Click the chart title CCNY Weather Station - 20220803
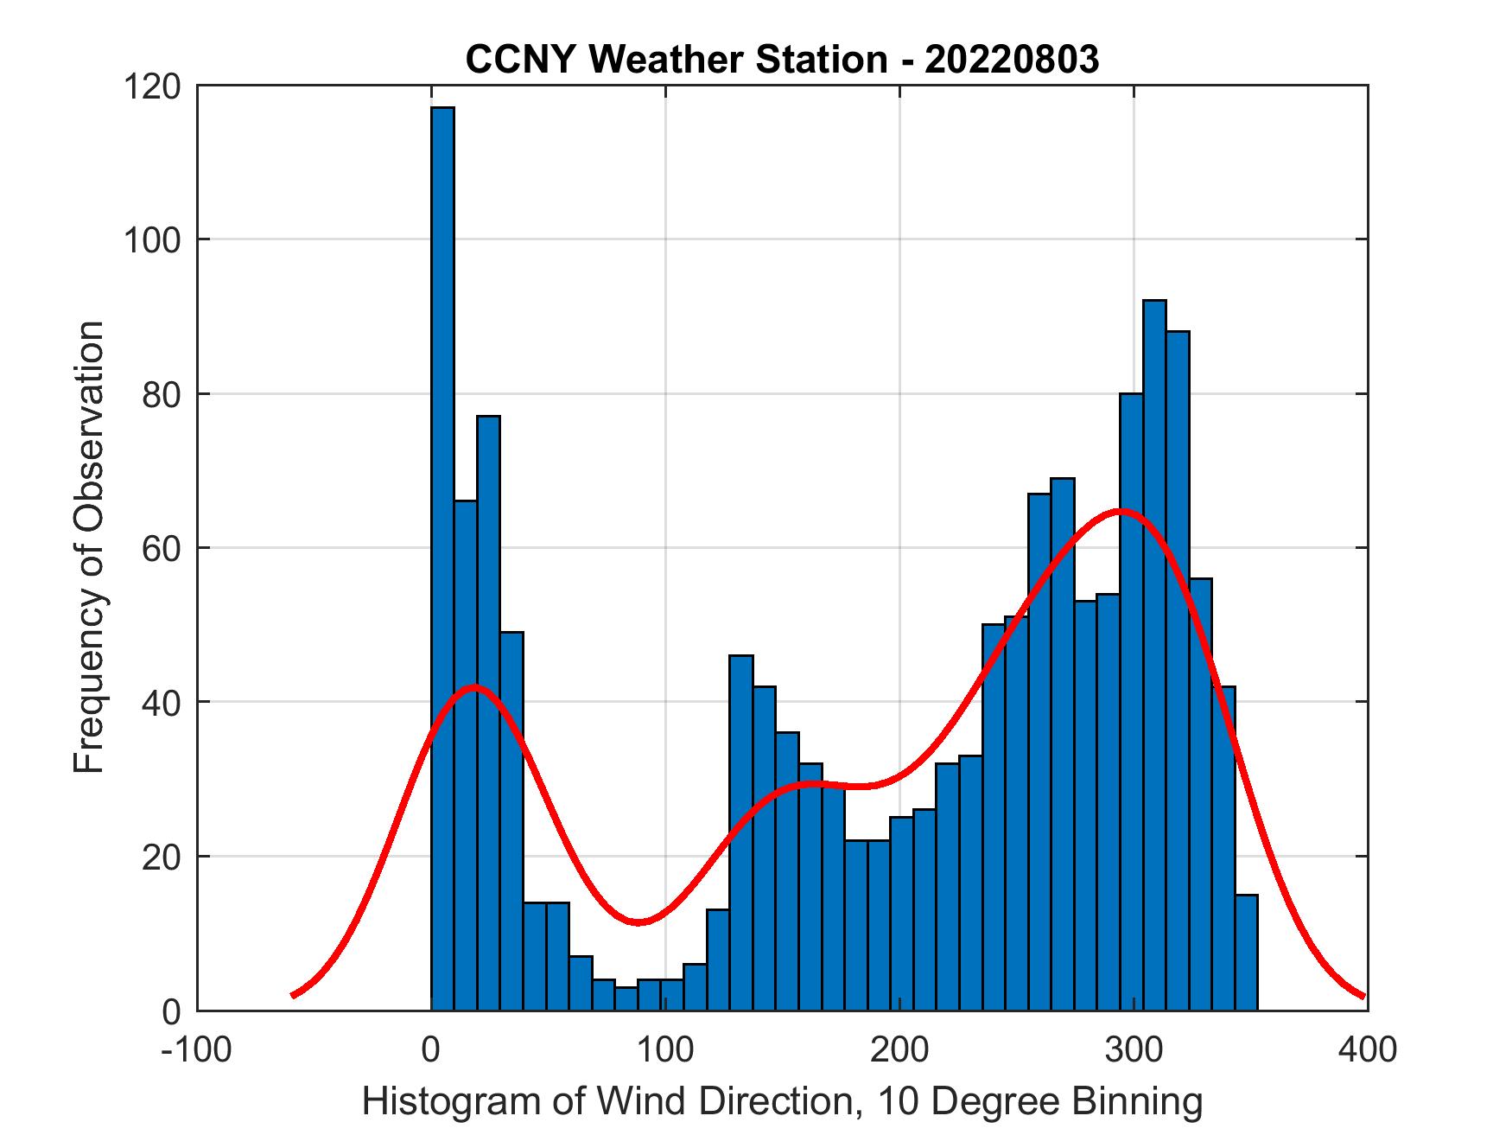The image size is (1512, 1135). [x=782, y=60]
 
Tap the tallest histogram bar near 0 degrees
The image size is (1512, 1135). [x=442, y=553]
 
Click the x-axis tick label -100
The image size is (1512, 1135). [x=198, y=1049]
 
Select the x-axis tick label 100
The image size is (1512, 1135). [x=665, y=1049]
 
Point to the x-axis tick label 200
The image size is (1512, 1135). [x=899, y=1049]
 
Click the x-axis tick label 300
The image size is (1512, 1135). [x=1134, y=1049]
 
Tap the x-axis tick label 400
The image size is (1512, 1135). [x=1367, y=1049]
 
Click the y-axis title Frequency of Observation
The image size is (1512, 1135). [x=89, y=548]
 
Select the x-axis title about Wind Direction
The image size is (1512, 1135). [x=782, y=1101]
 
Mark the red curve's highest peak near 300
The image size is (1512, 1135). [x=1120, y=511]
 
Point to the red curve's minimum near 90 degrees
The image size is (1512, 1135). [x=638, y=922]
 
